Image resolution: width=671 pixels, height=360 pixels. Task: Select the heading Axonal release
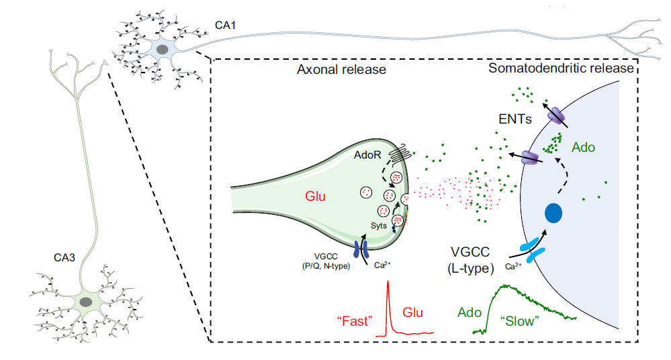click(x=341, y=69)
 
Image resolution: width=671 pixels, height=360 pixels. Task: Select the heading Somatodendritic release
click(x=561, y=69)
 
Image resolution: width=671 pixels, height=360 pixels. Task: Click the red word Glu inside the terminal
click(x=316, y=197)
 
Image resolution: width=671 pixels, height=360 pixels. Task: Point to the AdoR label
click(x=368, y=155)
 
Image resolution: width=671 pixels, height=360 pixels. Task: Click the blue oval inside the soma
click(x=553, y=214)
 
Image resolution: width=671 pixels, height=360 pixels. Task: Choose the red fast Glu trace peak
click(x=388, y=285)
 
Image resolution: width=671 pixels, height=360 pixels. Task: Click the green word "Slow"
click(x=521, y=321)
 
